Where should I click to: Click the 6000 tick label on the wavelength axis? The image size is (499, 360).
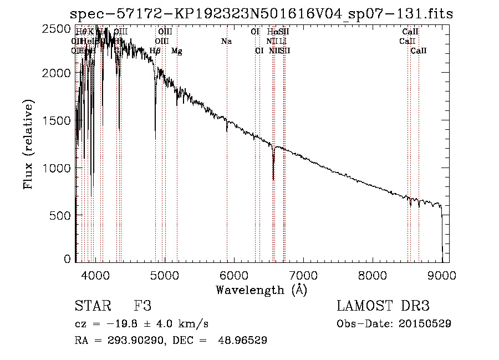[x=233, y=275]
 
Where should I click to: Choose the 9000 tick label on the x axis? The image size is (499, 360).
[x=442, y=275]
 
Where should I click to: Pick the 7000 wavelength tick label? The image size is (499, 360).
[x=303, y=275]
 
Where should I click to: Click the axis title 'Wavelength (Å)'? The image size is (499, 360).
[x=261, y=290]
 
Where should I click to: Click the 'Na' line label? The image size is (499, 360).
[x=226, y=41]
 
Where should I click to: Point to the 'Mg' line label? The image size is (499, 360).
[x=176, y=51]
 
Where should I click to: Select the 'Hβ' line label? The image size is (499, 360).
[x=155, y=51]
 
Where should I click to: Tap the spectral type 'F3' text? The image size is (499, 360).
[x=142, y=306]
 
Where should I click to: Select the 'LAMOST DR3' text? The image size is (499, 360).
[x=383, y=306]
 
